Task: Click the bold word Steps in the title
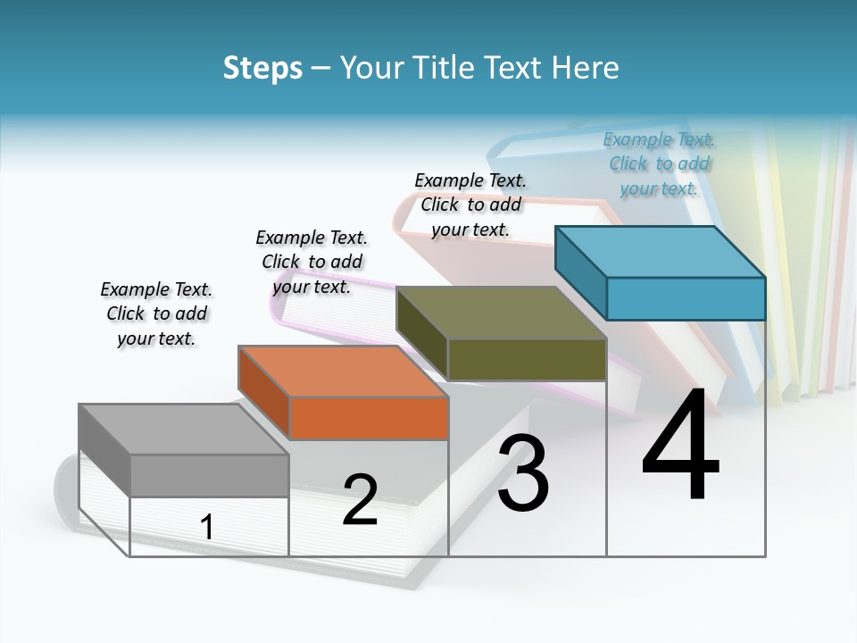tap(262, 68)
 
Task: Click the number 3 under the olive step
tap(523, 473)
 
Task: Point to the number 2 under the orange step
tap(360, 500)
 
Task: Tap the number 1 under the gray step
tap(207, 528)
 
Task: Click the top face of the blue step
tap(661, 252)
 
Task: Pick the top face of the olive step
tap(502, 313)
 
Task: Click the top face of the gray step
tap(183, 430)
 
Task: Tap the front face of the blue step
tap(686, 298)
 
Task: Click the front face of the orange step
tap(369, 418)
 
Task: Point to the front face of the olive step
tap(527, 359)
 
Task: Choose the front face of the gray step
tap(209, 475)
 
